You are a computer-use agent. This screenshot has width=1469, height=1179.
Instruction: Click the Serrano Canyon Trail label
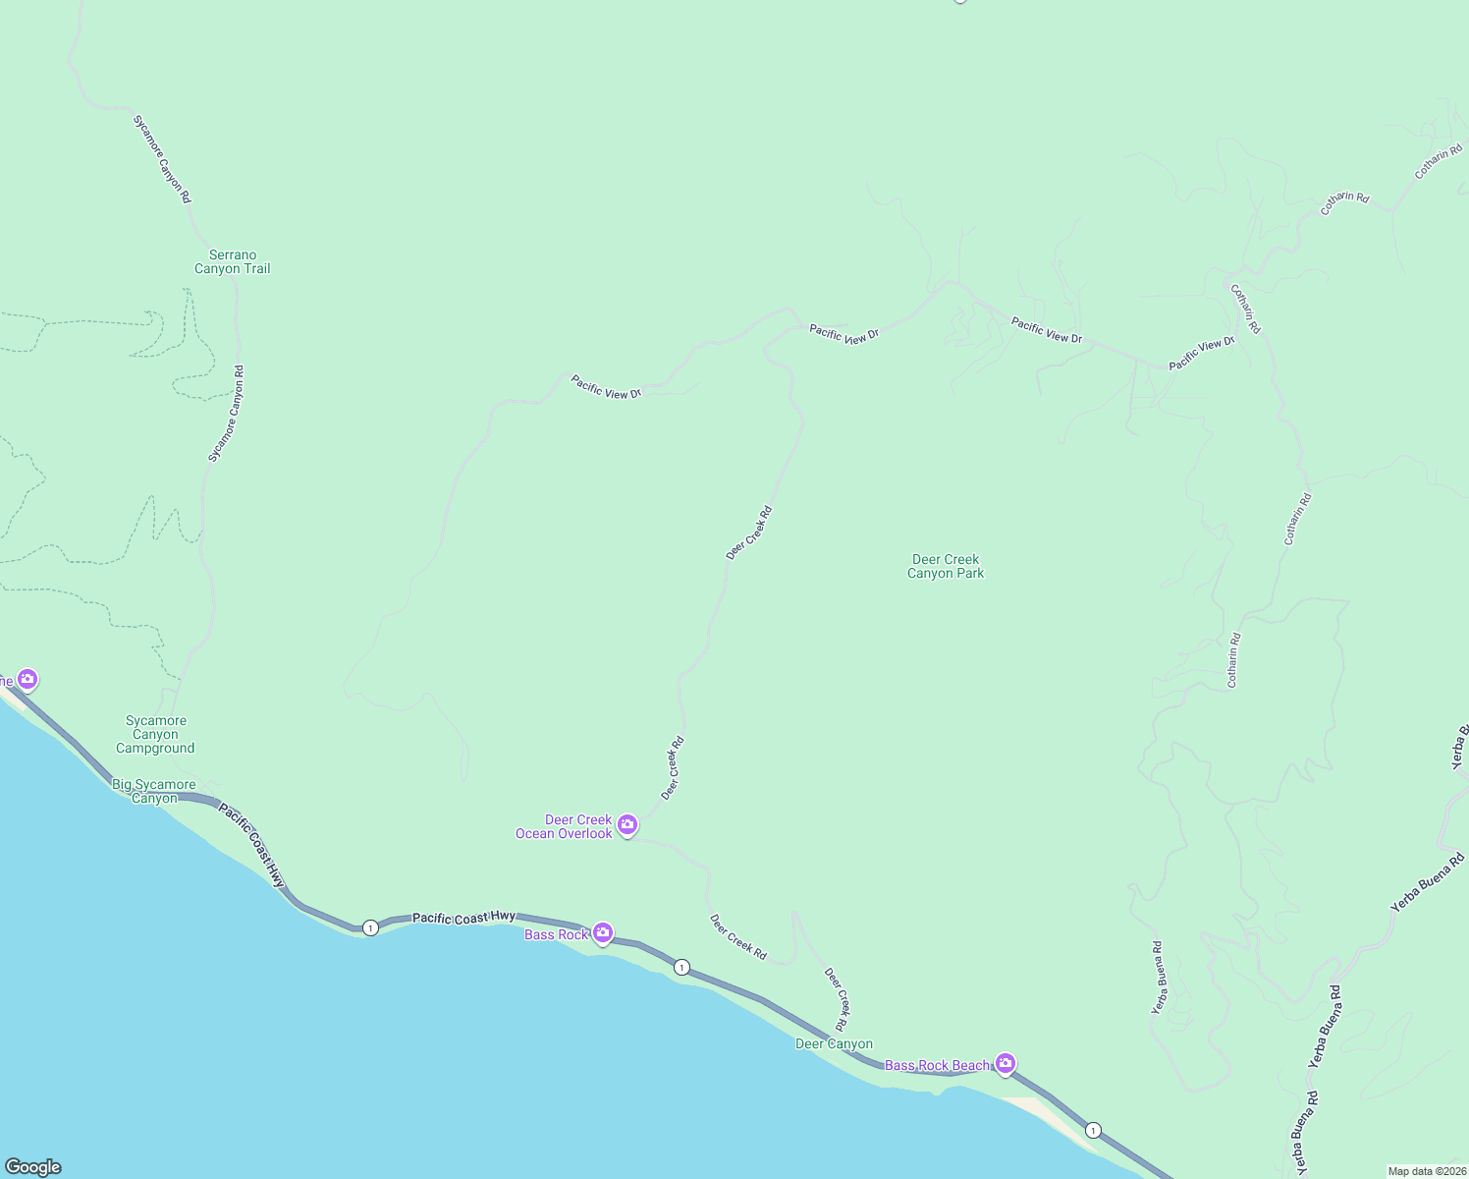coord(232,262)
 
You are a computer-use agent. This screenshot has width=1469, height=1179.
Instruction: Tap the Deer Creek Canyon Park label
coord(946,566)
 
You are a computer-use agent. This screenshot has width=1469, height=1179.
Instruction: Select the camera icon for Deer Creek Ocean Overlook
coord(627,824)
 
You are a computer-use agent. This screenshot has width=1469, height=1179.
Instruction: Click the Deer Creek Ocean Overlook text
coord(565,827)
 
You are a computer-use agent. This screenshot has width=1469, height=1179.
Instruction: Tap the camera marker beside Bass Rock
coord(603,932)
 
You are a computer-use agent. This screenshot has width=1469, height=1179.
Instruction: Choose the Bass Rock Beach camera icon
coord(1005,1062)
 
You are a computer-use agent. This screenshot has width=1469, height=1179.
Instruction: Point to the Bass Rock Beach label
coord(938,1065)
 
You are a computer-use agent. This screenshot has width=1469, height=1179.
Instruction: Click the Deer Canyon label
coord(834,1044)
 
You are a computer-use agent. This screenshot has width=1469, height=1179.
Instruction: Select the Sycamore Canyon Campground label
coord(155,735)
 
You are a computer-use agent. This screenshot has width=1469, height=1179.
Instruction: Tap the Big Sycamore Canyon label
coord(154,791)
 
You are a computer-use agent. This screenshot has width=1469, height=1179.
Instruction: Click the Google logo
coord(33,1167)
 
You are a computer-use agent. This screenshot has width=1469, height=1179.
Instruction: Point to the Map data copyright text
coord(1426,1171)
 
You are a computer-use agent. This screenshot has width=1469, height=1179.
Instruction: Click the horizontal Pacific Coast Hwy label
coord(463,918)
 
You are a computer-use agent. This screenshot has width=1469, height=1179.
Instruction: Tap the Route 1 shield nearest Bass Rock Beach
coord(1093,1130)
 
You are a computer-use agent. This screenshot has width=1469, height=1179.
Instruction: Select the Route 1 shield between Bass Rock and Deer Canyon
coord(681,968)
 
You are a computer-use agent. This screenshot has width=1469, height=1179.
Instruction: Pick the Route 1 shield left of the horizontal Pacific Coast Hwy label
coord(370,927)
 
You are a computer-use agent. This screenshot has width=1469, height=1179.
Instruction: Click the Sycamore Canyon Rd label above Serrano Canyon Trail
coord(162,159)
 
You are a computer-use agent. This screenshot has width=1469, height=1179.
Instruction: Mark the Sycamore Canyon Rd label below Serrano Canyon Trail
coord(226,414)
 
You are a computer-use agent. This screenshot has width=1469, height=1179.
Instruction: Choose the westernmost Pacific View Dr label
coord(606,387)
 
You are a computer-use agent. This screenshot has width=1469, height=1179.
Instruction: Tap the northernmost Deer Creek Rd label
coord(749,533)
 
